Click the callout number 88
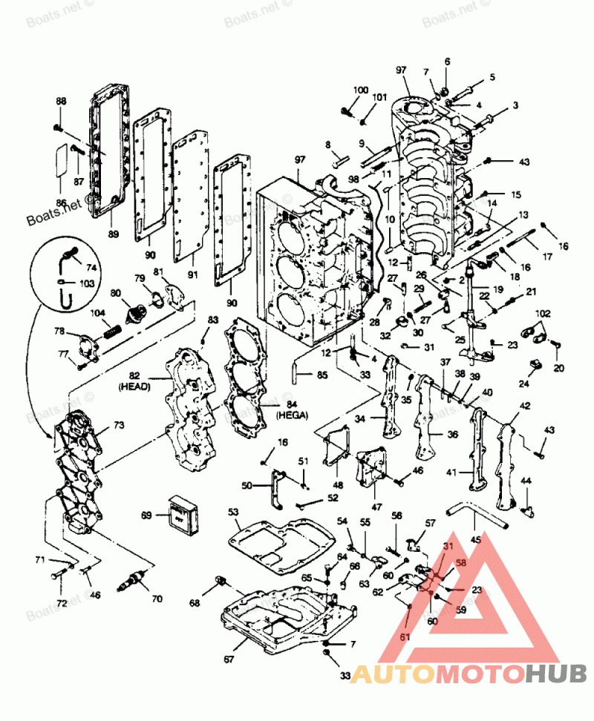point(61,101)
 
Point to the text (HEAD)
point(135,386)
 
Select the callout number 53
point(233,513)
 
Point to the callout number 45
point(476,540)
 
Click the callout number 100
point(361,90)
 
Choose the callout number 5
point(492,77)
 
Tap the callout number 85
point(322,375)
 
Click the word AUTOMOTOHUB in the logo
point(469,674)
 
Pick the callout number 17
point(547,257)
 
